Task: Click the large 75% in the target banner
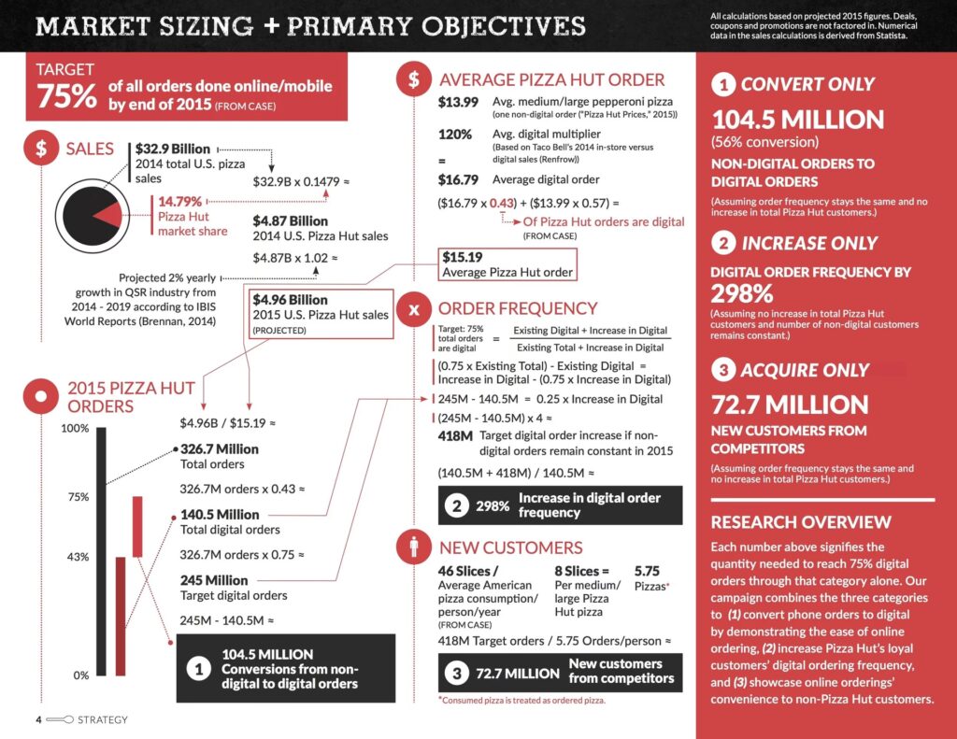pyautogui.click(x=67, y=95)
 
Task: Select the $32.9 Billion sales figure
pyautogui.click(x=173, y=149)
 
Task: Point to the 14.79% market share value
pyautogui.click(x=179, y=201)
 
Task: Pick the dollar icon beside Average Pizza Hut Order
pyautogui.click(x=413, y=79)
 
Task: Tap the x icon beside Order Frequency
pyautogui.click(x=413, y=308)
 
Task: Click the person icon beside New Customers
pyautogui.click(x=413, y=547)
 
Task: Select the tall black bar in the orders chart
pyautogui.click(x=101, y=551)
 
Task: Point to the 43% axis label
pyautogui.click(x=78, y=557)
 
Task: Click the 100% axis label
pyautogui.click(x=75, y=429)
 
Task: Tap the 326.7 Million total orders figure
pyautogui.click(x=220, y=449)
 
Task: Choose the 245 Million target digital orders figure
pyautogui.click(x=214, y=580)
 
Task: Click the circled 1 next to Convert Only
pyautogui.click(x=722, y=85)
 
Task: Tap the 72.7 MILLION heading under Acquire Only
pyautogui.click(x=790, y=405)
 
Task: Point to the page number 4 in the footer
pyautogui.click(x=38, y=720)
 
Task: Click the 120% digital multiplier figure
pyautogui.click(x=455, y=134)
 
